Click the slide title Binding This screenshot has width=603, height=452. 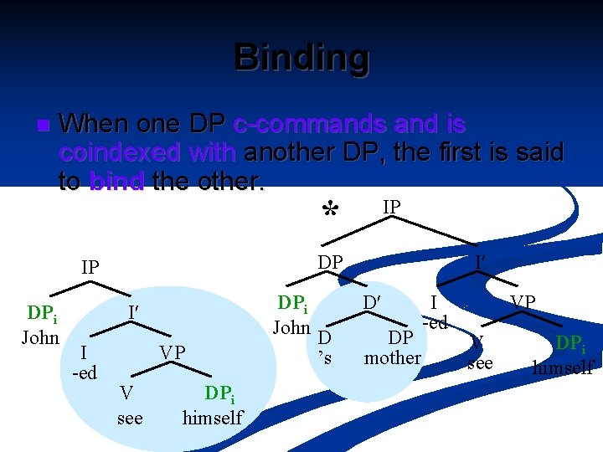(301, 58)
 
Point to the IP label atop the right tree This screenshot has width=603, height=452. (391, 206)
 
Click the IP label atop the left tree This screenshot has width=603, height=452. (90, 268)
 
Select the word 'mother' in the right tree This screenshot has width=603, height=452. (392, 358)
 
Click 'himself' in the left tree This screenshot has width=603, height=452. (212, 418)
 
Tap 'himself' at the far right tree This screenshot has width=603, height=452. (564, 367)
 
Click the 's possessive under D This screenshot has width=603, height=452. (327, 356)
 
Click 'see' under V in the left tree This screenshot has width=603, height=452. (130, 418)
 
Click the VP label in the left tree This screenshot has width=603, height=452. (173, 352)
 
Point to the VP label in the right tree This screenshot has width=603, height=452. (523, 301)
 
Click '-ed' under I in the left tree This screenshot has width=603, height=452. (85, 372)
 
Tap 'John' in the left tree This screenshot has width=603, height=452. (39, 337)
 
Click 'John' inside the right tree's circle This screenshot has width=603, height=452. (291, 327)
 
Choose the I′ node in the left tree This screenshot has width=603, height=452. (132, 312)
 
